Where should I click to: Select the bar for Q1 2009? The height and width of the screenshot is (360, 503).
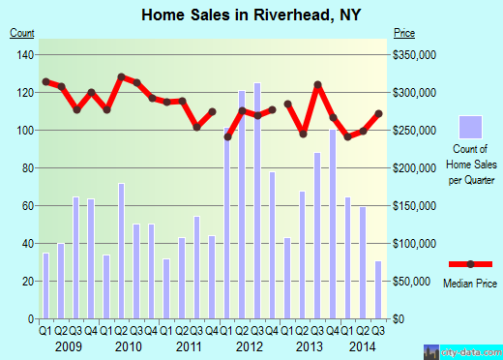(x=45, y=285)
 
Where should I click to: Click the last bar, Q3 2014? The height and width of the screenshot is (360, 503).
(x=378, y=290)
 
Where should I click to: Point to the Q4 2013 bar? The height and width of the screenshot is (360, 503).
(x=333, y=224)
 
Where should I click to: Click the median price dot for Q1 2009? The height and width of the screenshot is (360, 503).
(x=45, y=81)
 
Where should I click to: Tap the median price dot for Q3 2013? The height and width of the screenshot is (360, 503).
(x=317, y=85)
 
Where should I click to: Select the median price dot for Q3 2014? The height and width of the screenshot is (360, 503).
(x=378, y=113)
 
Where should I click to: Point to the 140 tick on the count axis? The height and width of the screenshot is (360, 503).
(x=22, y=54)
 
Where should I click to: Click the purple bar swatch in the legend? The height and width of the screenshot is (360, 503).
(x=470, y=128)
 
